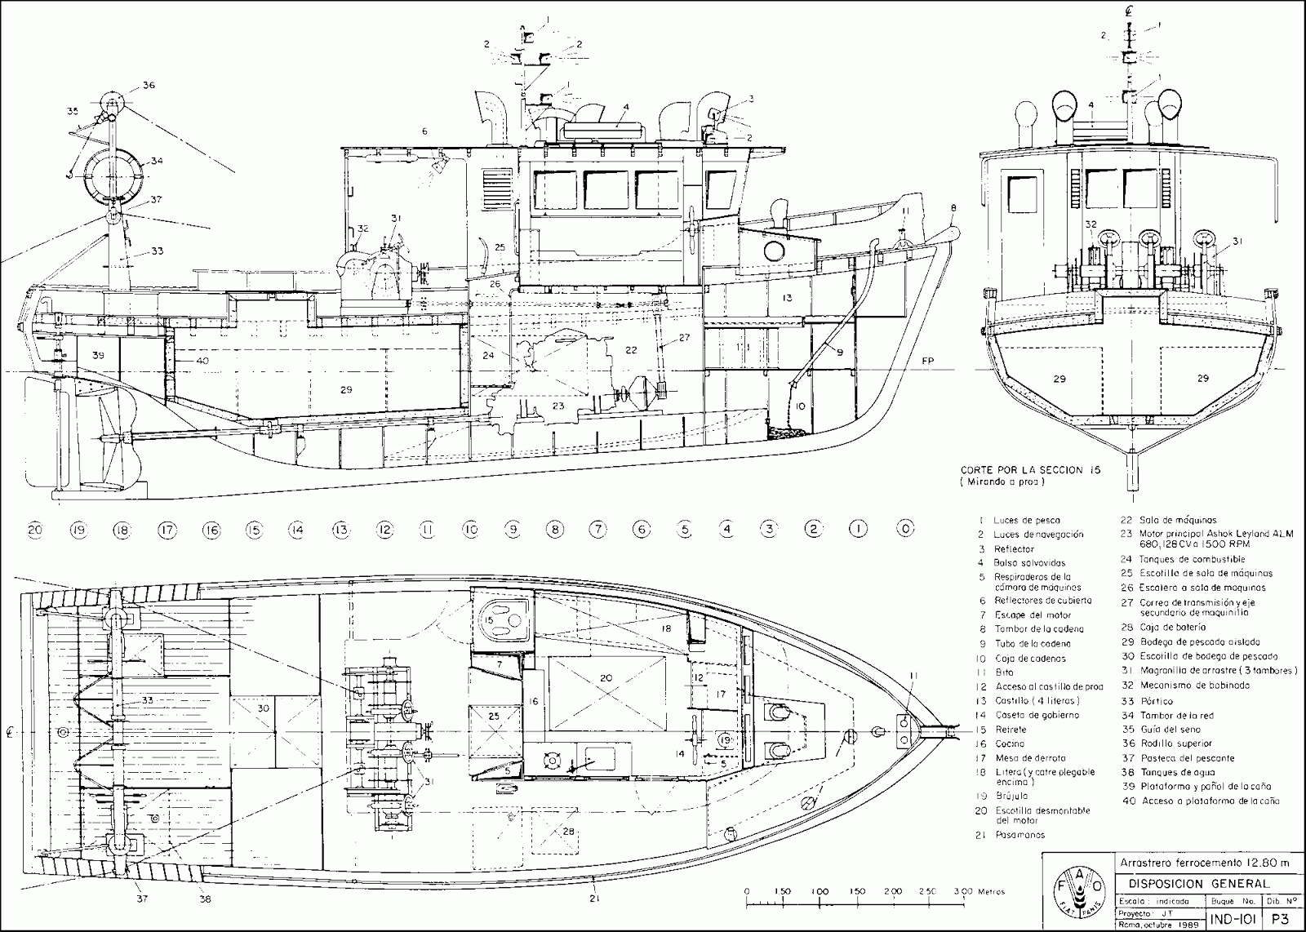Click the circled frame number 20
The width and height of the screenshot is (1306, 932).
tap(34, 530)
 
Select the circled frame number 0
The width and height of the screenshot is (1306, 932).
tap(904, 530)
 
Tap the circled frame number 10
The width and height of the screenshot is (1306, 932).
tap(470, 530)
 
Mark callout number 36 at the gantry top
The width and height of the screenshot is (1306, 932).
tap(148, 85)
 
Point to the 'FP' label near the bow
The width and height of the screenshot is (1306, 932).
tap(926, 360)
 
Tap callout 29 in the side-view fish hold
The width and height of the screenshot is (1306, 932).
tap(346, 390)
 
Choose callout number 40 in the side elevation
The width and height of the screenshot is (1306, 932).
tap(202, 360)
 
